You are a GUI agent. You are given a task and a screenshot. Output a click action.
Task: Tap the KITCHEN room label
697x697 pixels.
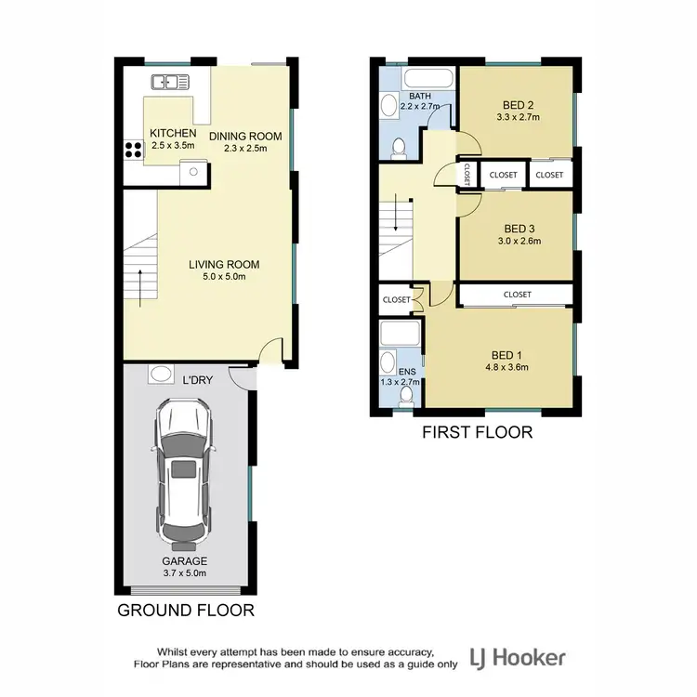point(173,133)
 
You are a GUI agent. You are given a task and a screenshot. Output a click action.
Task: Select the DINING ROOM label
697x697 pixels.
point(244,137)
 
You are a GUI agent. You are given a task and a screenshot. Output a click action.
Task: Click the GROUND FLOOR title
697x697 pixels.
point(185,611)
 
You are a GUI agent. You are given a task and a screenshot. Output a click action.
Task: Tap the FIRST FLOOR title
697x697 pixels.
point(477,431)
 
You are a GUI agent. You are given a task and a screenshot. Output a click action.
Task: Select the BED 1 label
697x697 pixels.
point(506,353)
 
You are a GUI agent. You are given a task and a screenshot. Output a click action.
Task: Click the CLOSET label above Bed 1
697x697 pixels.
point(518,295)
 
